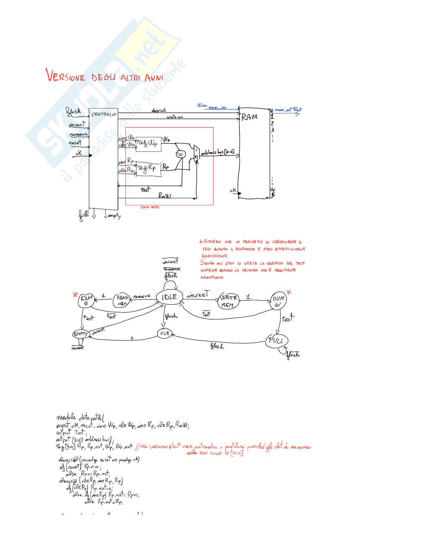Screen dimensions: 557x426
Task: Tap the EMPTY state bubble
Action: click(81, 334)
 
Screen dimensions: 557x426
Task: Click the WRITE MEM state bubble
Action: click(229, 301)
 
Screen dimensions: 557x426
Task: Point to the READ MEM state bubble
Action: click(122, 300)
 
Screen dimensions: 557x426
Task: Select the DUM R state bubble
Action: click(86, 300)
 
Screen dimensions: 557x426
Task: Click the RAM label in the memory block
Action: click(250, 117)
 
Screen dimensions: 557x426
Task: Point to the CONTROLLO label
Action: click(104, 114)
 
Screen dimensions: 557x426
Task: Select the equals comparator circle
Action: click(180, 153)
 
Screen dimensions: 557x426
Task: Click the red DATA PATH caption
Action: click(150, 207)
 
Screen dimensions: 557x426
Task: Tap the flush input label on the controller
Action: click(73, 111)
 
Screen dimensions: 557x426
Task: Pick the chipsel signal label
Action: click(158, 110)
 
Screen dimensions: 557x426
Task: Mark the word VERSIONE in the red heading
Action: click(66, 76)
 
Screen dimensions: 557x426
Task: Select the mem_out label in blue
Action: click(284, 110)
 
